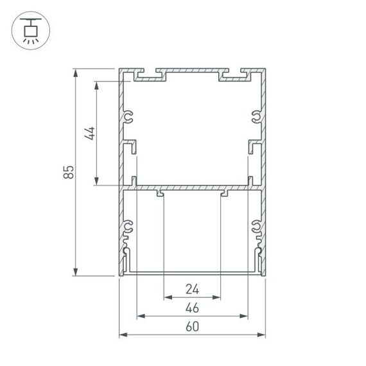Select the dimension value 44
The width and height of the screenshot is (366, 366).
tap(91, 133)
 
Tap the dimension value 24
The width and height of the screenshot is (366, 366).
tap(192, 290)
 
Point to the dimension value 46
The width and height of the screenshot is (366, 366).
tap(192, 308)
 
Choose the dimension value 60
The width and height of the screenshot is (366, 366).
tap(192, 327)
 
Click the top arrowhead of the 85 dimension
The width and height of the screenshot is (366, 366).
tap(76, 71)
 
